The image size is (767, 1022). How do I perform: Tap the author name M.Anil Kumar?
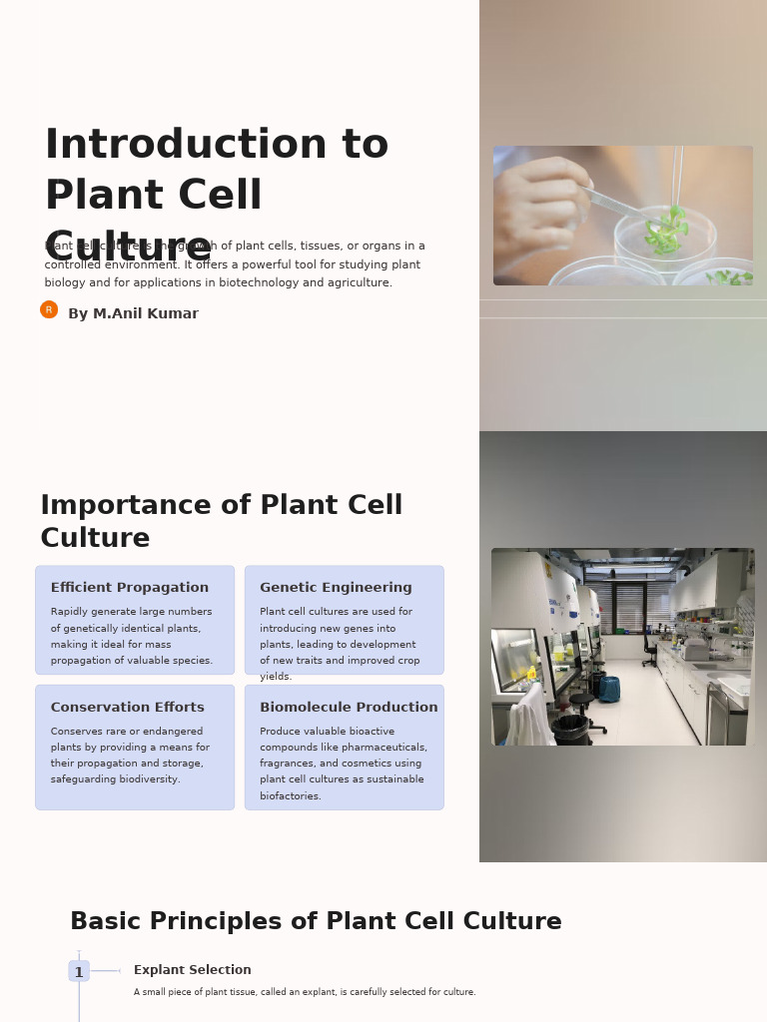pyautogui.click(x=133, y=314)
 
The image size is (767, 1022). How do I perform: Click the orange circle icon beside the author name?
pyautogui.click(x=49, y=309)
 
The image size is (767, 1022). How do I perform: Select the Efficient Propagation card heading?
pyautogui.click(x=130, y=588)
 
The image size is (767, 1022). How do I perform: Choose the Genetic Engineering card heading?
pyautogui.click(x=336, y=588)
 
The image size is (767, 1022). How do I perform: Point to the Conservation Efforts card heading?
pyautogui.click(x=127, y=708)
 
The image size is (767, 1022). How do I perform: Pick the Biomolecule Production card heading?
pyautogui.click(x=349, y=708)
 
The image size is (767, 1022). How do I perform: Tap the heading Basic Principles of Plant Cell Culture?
pyautogui.click(x=316, y=922)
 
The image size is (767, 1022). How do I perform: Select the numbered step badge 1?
pyautogui.click(x=79, y=972)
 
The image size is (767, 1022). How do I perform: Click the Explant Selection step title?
pyautogui.click(x=193, y=970)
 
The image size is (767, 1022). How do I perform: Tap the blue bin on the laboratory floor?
pyautogui.click(x=609, y=689)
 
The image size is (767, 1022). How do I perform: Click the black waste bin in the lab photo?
pyautogui.click(x=570, y=729)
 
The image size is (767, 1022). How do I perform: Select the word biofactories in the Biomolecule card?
pyautogui.click(x=291, y=796)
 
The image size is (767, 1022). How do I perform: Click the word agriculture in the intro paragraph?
pyautogui.click(x=359, y=283)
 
